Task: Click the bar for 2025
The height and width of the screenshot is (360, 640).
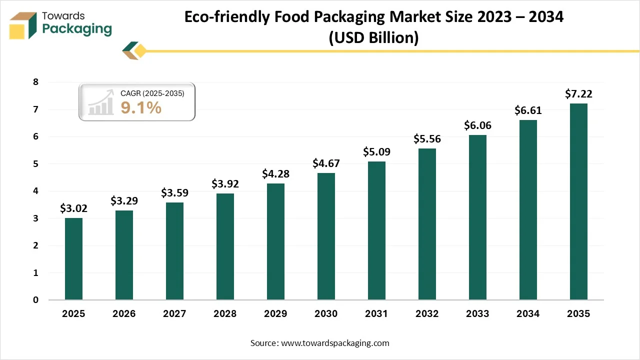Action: point(73,259)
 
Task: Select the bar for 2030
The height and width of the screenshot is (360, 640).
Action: point(326,236)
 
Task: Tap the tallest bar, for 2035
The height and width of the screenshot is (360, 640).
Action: point(578,201)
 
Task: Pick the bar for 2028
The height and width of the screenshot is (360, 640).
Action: point(225,246)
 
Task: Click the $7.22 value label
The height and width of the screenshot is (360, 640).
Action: point(578,93)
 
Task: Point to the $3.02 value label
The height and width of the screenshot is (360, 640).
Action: point(73,208)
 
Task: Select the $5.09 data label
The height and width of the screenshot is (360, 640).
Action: point(376,151)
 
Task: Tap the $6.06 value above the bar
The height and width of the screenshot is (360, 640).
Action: point(477,125)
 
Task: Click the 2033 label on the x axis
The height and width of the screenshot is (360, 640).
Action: point(477,314)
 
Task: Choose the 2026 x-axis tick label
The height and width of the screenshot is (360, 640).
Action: point(124,314)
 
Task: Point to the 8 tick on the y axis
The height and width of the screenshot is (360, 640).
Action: point(35,82)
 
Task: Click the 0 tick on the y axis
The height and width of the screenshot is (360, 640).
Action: point(35,300)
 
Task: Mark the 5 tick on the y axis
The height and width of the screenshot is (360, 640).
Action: point(35,164)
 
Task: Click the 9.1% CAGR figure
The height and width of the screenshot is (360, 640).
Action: point(141,107)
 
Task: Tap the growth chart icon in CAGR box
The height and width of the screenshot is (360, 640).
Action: point(101,103)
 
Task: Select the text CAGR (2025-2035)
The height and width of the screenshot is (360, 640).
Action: point(152,93)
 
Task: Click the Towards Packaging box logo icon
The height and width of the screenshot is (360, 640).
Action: point(23,25)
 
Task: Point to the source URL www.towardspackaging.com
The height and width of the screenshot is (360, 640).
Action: point(334,343)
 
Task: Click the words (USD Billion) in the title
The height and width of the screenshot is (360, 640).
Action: point(373,37)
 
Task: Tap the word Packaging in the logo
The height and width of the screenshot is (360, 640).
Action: point(77,29)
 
